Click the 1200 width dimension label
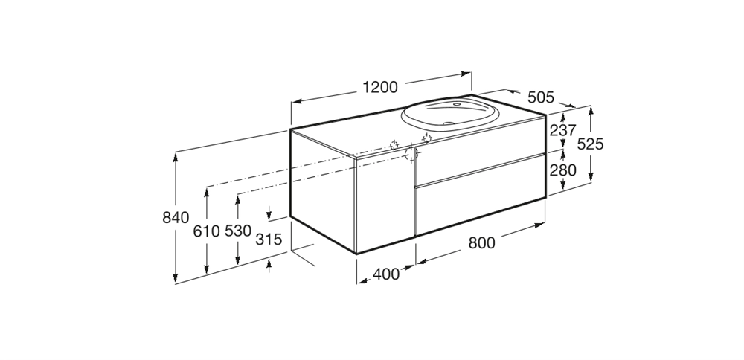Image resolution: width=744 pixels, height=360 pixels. tap(379, 88)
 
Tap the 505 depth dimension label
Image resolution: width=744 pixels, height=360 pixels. tap(540, 97)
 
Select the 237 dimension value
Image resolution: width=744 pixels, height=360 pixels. tap(562, 130)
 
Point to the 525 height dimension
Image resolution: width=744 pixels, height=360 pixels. tap(590, 144)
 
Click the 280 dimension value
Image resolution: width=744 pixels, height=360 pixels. tap(562, 170)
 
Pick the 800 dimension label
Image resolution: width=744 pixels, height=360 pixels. tap(481, 242)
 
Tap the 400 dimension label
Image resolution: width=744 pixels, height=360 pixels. tap(385, 274)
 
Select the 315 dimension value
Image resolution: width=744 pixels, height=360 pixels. tap(269, 240)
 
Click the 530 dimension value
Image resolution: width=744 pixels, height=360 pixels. tap(238, 231)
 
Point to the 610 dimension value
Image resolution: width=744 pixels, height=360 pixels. tap(206, 231)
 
